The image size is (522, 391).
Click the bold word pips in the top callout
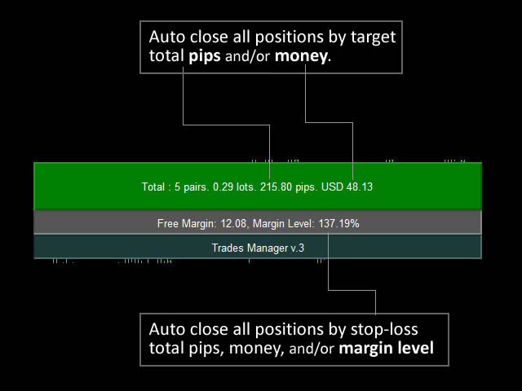tap(205, 56)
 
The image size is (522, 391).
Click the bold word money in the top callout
tap(301, 56)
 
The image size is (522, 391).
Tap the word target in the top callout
tap(374, 37)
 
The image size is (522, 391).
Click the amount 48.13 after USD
tap(360, 187)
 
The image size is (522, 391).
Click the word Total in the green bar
tap(153, 187)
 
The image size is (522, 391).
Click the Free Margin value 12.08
tap(234, 223)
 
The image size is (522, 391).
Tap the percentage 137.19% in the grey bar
tap(339, 223)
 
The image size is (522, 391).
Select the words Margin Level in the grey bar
tap(283, 223)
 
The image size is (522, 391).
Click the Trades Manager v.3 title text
tap(258, 248)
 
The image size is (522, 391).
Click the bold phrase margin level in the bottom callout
tap(386, 349)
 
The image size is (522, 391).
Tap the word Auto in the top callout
tap(167, 37)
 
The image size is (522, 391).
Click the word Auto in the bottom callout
tap(167, 329)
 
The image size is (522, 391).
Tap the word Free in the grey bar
tap(168, 223)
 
